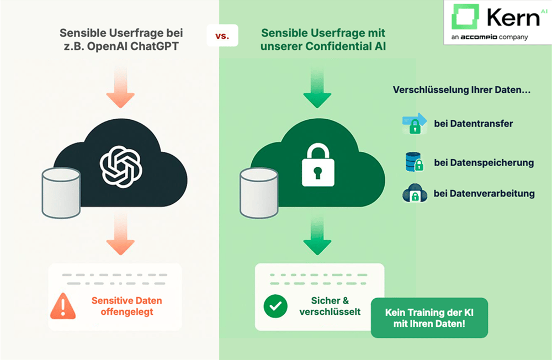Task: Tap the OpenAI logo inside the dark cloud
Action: (121, 163)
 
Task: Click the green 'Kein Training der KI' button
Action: (429, 317)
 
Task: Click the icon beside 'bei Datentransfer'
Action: (415, 123)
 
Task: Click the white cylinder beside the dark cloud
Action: (62, 193)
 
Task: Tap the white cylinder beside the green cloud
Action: (259, 193)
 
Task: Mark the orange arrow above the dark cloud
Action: (120, 88)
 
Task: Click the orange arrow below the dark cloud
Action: (120, 235)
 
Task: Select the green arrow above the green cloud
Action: (317, 89)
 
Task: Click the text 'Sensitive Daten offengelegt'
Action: (127, 306)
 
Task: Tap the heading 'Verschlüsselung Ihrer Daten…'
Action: (461, 90)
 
